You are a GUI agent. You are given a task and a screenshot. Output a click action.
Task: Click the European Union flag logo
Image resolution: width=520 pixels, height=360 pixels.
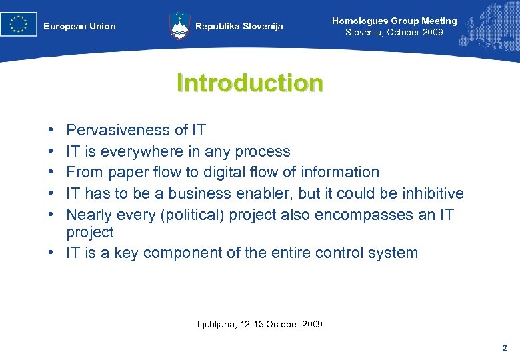[x=19, y=25]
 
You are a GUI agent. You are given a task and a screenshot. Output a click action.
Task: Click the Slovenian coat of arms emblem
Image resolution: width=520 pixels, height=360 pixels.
[x=180, y=26]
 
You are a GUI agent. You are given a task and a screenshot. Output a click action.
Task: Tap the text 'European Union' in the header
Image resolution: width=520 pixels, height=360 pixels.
[x=79, y=27]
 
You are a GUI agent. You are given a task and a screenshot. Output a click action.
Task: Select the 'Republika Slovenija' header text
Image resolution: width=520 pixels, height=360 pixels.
[x=239, y=27]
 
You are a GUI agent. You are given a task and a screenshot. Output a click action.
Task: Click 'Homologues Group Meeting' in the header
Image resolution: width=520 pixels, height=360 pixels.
[x=394, y=21]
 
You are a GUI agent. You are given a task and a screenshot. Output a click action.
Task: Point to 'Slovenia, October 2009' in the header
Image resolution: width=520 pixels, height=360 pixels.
[x=394, y=33]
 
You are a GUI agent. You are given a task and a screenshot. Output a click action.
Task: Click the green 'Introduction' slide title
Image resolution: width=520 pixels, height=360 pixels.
[x=250, y=83]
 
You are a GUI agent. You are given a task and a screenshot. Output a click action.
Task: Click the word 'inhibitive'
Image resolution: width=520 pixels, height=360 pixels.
[x=427, y=193]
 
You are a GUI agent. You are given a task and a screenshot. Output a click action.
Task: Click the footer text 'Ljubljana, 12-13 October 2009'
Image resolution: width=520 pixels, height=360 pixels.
[x=260, y=324]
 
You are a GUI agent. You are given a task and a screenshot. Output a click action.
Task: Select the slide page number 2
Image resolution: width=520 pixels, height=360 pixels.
[x=504, y=348]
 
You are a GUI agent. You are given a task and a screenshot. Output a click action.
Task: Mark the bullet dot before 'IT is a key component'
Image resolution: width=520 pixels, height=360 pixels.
[x=51, y=253]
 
